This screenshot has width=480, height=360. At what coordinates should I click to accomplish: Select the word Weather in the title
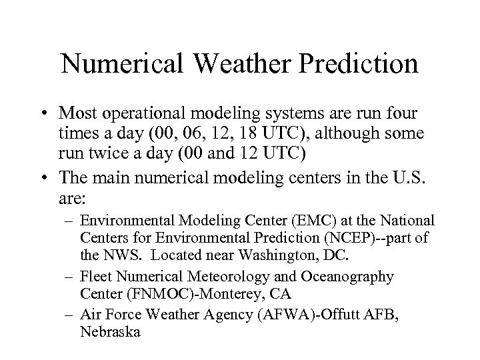point(246,65)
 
